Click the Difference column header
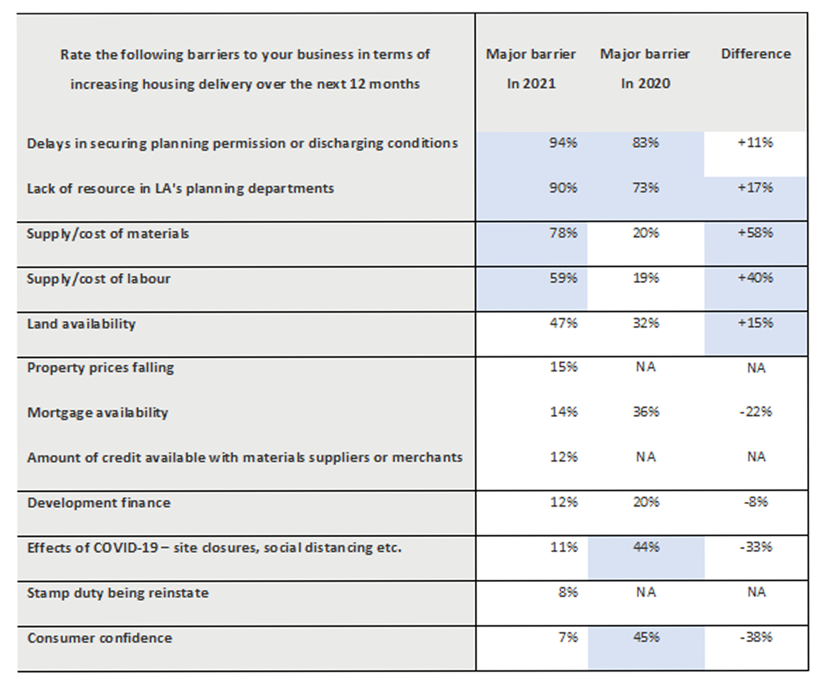point(756,54)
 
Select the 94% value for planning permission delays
point(563,142)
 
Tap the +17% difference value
point(755,187)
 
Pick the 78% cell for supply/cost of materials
point(563,233)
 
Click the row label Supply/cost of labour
point(99,279)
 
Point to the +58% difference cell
point(755,232)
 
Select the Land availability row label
point(81,324)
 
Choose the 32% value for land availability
point(646,323)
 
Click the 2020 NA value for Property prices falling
point(646,367)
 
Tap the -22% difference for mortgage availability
point(756,412)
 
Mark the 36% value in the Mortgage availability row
point(646,412)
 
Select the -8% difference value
point(756,502)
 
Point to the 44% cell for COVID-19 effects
point(646,548)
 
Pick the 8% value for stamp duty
point(568,592)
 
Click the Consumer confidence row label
point(100,639)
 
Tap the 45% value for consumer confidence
point(646,638)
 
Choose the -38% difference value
point(756,638)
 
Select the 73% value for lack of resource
point(646,187)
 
